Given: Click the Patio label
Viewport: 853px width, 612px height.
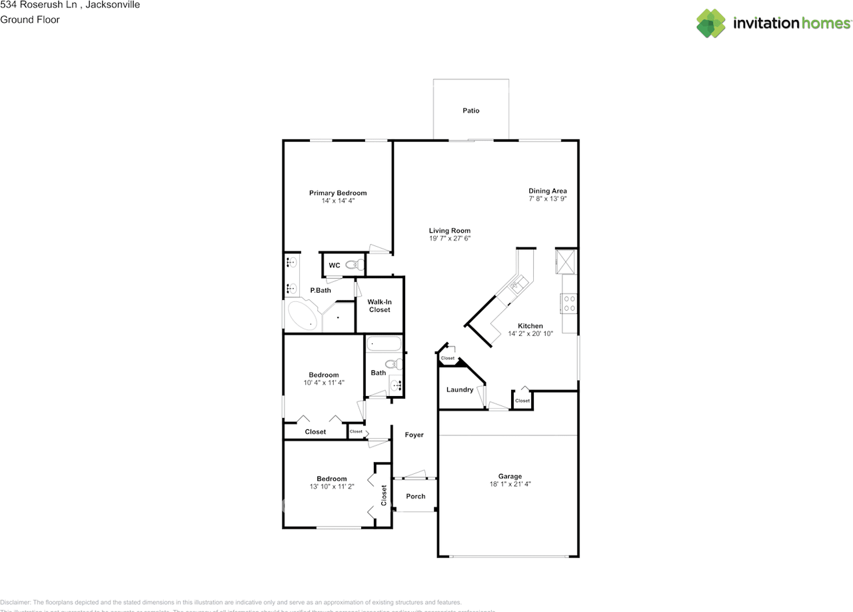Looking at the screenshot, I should pyautogui.click(x=471, y=111).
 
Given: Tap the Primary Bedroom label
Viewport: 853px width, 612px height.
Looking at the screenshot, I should pyautogui.click(x=338, y=193).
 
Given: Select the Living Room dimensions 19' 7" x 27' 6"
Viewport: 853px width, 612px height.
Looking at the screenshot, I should pyautogui.click(x=450, y=239).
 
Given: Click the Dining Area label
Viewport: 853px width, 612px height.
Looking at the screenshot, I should pyautogui.click(x=548, y=191).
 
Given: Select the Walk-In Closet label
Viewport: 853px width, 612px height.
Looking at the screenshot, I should pyautogui.click(x=379, y=306).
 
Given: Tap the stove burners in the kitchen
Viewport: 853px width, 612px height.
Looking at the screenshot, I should pyautogui.click(x=570, y=304).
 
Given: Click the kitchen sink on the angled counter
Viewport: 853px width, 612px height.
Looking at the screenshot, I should pyautogui.click(x=516, y=287).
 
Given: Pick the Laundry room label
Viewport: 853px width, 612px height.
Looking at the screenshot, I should pyautogui.click(x=460, y=389).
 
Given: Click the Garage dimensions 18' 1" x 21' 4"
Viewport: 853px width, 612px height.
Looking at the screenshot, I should pyautogui.click(x=510, y=485).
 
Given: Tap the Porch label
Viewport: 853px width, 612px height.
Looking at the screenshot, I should pyautogui.click(x=416, y=496).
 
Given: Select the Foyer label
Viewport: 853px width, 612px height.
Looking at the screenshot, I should pyautogui.click(x=415, y=435).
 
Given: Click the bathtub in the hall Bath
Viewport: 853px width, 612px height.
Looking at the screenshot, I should pyautogui.click(x=384, y=345).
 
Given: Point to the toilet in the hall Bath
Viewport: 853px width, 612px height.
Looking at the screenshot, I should pyautogui.click(x=397, y=364).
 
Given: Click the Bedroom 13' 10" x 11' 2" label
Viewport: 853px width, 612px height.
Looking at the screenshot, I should pyautogui.click(x=332, y=479).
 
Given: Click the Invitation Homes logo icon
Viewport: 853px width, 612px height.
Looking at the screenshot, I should pyautogui.click(x=711, y=23).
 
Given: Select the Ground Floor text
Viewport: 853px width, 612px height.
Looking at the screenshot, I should pyautogui.click(x=30, y=19).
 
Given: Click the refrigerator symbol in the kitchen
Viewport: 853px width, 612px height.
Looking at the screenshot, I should pyautogui.click(x=566, y=261).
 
